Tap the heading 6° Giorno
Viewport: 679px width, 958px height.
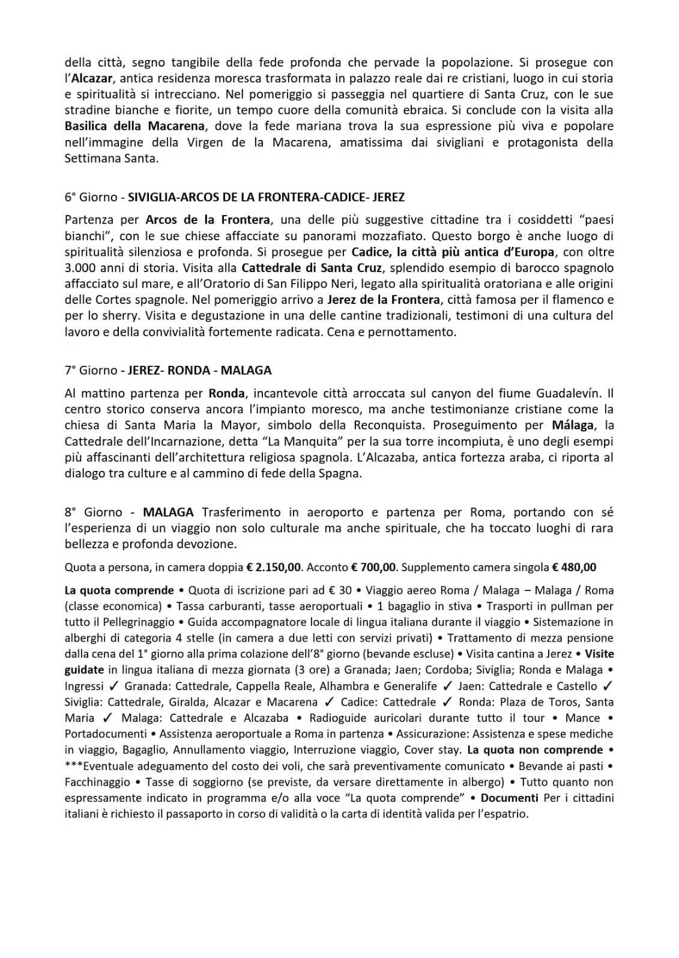(x=93, y=197)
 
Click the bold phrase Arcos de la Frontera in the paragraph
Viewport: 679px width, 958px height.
(x=208, y=220)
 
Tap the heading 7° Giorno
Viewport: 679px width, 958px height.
(x=93, y=370)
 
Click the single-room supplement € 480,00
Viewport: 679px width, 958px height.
(x=575, y=567)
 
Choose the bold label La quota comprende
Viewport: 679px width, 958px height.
(x=119, y=590)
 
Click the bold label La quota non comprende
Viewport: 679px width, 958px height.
(x=535, y=750)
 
